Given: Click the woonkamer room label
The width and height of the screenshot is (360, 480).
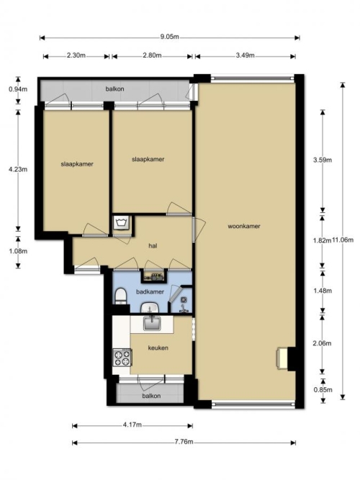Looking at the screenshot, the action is (x=244, y=226).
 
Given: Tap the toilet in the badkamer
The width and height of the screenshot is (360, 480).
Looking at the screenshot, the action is (x=121, y=296).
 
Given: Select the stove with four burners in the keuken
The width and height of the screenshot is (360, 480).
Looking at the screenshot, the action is (x=122, y=358).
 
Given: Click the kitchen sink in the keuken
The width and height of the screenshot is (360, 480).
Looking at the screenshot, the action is (x=152, y=323).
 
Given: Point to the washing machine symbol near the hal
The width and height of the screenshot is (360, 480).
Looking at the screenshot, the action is (x=122, y=222).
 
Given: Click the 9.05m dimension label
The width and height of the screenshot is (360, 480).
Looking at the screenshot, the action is (x=169, y=37).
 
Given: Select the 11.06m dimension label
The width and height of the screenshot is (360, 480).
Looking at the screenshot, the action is (x=343, y=240).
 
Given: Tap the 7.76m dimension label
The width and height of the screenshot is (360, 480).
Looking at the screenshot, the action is (x=184, y=442).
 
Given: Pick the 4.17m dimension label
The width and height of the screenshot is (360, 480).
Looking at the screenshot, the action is (x=132, y=425).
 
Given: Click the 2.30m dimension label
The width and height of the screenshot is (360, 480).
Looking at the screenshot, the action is (x=76, y=55).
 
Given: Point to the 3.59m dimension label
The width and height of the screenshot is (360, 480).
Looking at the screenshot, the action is (x=323, y=160).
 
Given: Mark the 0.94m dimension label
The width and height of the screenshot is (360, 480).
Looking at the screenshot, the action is (x=18, y=89).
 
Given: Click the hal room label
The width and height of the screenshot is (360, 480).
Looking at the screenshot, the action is (x=153, y=246).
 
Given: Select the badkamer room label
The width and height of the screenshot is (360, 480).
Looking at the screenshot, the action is (x=150, y=291).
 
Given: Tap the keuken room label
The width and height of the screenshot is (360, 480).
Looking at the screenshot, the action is (x=158, y=348).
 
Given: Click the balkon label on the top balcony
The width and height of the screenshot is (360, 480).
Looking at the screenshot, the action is (x=115, y=89).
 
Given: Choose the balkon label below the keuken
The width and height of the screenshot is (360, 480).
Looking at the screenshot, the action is (x=151, y=396).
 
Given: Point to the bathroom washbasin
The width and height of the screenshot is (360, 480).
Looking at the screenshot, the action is (x=149, y=308).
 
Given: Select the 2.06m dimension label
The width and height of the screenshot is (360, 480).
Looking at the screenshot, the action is (x=322, y=343).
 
